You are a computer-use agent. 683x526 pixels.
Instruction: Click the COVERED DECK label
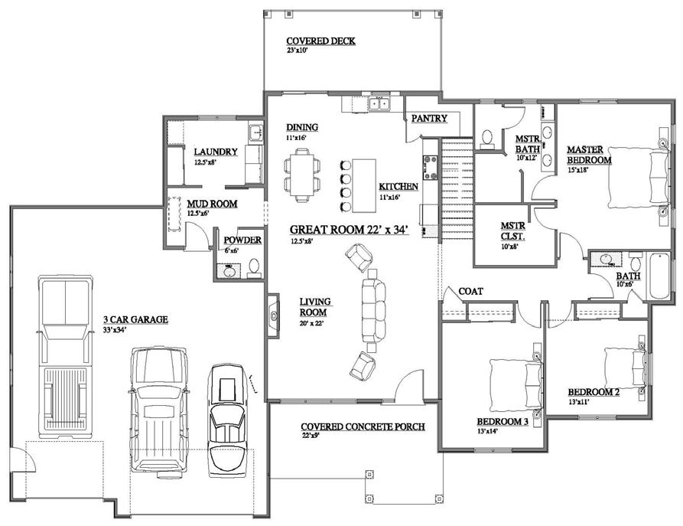[x=320, y=41]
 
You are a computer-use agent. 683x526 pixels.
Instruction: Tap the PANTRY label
[x=429, y=119]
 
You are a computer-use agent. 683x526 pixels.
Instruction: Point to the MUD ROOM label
[x=212, y=204]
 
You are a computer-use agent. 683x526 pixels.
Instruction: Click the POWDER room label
[x=242, y=240]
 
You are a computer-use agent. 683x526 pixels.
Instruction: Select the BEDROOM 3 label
[x=502, y=422]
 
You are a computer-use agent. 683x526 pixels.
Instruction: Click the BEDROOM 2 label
[x=594, y=392]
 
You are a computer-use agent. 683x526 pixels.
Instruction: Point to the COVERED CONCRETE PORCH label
[x=363, y=426]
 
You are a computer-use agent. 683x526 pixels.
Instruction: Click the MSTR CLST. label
[x=512, y=230]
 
